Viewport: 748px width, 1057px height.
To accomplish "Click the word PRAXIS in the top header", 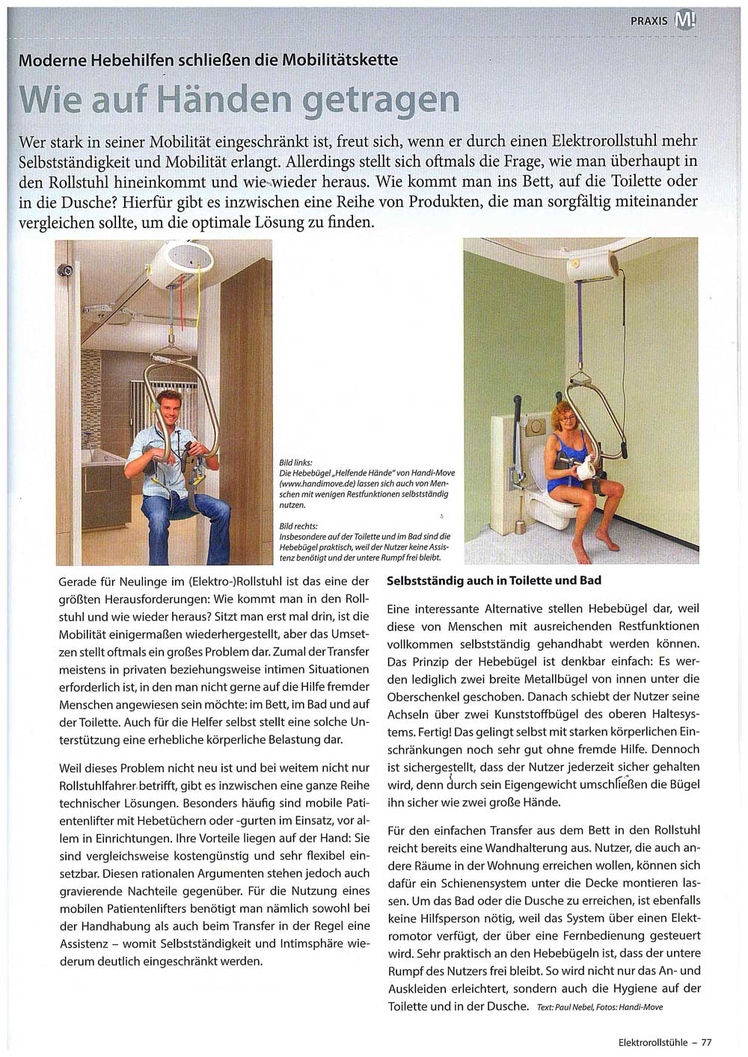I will coord(648,20).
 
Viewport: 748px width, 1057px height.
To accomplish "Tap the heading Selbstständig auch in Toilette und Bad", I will coord(494,580).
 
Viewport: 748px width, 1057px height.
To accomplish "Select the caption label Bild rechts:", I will coord(298,526).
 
